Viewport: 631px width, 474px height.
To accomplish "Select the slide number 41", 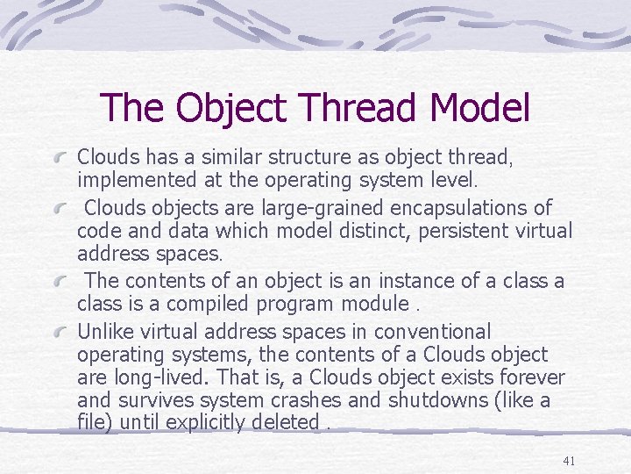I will [x=568, y=461].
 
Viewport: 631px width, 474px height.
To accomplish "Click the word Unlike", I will [x=104, y=332].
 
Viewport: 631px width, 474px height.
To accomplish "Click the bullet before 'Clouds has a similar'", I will [x=60, y=158].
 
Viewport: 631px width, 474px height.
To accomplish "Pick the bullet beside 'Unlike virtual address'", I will [x=60, y=333].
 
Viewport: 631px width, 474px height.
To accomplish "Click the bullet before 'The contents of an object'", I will [x=60, y=282].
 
